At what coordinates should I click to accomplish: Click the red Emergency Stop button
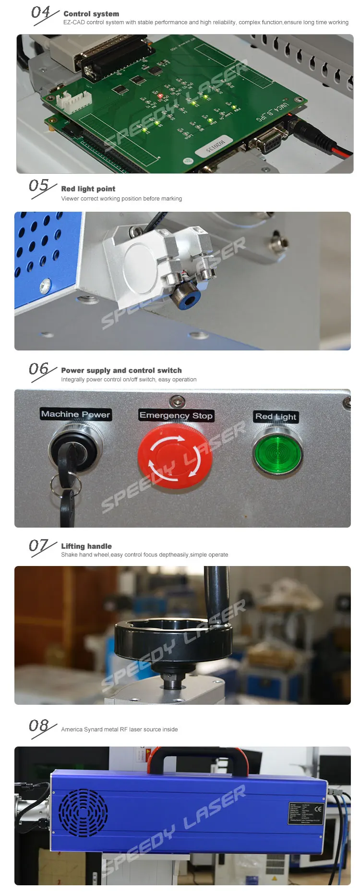click(x=175, y=457)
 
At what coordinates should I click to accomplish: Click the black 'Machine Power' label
click(x=76, y=414)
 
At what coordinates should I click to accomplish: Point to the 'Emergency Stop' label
click(x=176, y=416)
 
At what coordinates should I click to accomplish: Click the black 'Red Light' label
click(x=276, y=417)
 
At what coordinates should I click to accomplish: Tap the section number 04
click(x=41, y=12)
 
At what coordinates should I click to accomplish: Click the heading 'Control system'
click(x=91, y=14)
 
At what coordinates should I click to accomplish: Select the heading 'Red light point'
click(x=88, y=189)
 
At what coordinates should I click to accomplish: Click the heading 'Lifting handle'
click(x=86, y=546)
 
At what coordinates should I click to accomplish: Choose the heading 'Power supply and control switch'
click(x=121, y=371)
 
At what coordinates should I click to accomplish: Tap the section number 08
click(x=39, y=725)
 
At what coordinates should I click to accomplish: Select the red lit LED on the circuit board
click(x=160, y=96)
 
